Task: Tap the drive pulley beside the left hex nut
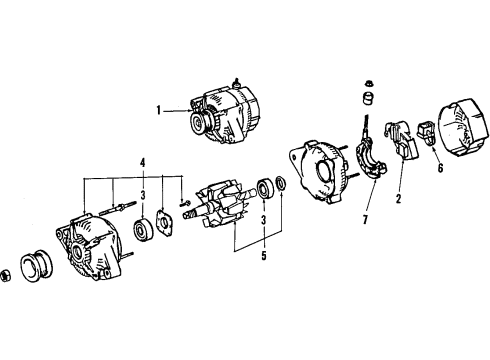[x=39, y=267]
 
